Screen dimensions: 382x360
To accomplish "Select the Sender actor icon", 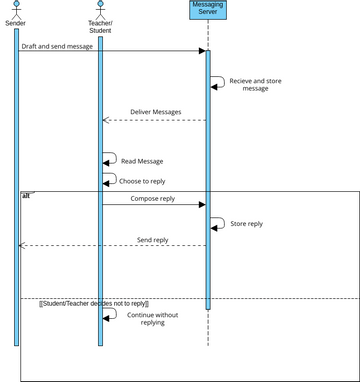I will (x=16, y=8).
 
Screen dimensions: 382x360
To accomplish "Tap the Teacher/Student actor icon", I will (x=100, y=8).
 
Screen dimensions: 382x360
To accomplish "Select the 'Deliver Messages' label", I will (x=156, y=112).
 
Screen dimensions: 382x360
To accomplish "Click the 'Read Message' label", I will (x=142, y=161).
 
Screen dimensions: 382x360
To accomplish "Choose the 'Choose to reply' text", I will (x=143, y=181).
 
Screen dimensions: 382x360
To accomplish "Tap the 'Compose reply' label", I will (x=152, y=199).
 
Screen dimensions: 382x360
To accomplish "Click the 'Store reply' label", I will (x=247, y=224).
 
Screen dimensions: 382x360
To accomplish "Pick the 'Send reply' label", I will (x=152, y=240).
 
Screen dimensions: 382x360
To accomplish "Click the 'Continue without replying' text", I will (x=153, y=318).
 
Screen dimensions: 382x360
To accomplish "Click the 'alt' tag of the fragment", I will (x=27, y=195).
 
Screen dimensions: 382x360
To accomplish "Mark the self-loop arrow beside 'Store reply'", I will (x=217, y=224).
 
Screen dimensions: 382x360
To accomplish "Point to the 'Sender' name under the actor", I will (x=16, y=22).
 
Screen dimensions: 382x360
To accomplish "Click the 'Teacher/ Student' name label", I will (x=100, y=26).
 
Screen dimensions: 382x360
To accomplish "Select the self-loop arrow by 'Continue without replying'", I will (x=110, y=314).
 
